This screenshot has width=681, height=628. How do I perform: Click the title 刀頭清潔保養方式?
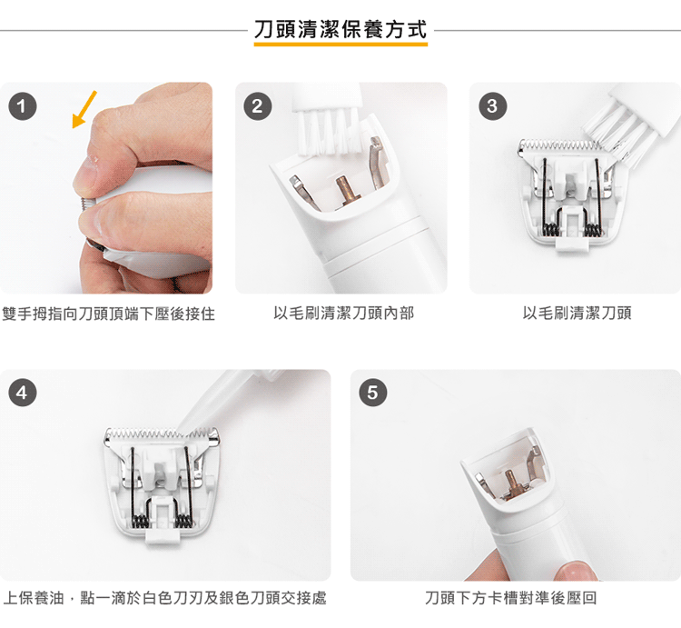point(340,30)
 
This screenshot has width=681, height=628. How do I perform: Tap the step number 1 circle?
point(23,106)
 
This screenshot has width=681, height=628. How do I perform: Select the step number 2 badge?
point(258,106)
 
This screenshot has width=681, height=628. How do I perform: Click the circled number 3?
point(492,106)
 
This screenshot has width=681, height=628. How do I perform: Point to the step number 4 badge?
point(23,393)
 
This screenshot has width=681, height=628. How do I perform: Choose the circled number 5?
point(373,393)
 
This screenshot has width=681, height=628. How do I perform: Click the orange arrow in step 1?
point(84,110)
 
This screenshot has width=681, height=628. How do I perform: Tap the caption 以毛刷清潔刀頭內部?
point(343,313)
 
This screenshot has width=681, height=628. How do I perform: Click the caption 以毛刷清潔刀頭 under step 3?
point(577,313)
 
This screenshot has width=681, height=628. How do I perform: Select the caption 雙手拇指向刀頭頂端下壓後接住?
point(109,314)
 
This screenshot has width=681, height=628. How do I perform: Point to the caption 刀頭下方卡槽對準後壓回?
point(510,598)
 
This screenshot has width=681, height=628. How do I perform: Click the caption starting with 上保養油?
point(164,598)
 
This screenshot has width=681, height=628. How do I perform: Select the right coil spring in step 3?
point(592,229)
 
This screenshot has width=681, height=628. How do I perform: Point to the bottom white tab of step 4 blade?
point(162,535)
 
